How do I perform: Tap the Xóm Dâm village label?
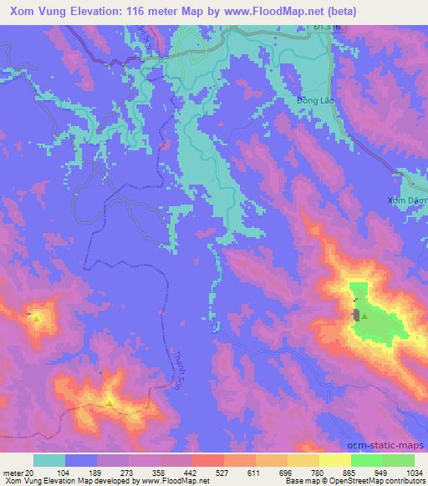(408, 200)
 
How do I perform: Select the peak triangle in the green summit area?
(364, 316)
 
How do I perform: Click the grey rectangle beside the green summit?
(357, 315)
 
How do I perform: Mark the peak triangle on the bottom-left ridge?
(110, 402)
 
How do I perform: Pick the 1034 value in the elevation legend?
(414, 473)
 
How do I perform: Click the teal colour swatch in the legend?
(48, 460)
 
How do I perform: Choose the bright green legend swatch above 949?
(366, 460)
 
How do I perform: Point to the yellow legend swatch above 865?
(334, 460)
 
